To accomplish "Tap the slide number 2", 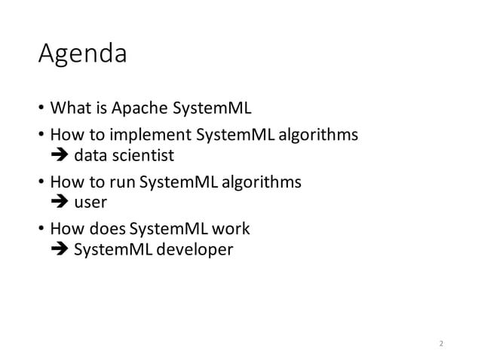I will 442,343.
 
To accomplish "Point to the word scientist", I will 145,156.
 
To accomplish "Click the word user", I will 89,202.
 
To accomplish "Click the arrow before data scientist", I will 59,156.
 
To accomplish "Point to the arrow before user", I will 59,202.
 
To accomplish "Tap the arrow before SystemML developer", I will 59,248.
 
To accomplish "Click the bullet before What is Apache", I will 41,111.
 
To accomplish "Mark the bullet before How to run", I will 41,183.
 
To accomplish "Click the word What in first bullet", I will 67,110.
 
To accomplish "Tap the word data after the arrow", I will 89,156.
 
